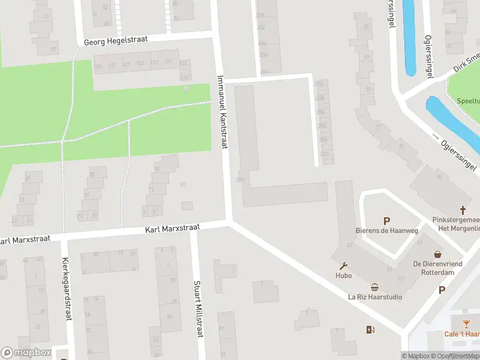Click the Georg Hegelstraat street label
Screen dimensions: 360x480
coord(116,40)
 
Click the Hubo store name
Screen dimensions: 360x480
coord(343,276)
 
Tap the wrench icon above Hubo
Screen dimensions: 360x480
coord(343,266)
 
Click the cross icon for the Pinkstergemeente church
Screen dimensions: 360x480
coord(463,210)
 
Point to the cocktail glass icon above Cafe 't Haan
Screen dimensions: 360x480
coord(466,324)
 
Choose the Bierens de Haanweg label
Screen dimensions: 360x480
coord(387,232)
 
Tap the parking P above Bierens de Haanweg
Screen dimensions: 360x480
coord(387,221)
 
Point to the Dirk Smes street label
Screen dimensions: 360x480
coord(467,62)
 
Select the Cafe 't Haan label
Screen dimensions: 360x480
coord(462,334)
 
